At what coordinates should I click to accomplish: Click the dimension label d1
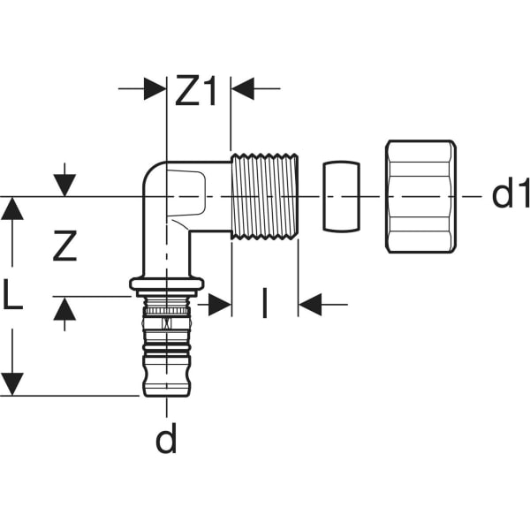(511, 195)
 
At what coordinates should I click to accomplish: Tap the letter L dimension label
(12, 297)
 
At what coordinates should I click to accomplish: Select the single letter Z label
(64, 246)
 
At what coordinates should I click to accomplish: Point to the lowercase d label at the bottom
(166, 439)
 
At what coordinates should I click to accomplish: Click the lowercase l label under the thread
(263, 305)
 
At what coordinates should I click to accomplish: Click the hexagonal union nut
(420, 195)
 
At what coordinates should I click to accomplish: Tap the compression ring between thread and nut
(340, 195)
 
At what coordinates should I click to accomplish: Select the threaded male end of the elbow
(265, 195)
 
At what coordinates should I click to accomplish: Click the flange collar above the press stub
(167, 284)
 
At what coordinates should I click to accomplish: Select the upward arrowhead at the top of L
(12, 208)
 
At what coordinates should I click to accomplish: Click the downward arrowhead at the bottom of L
(12, 384)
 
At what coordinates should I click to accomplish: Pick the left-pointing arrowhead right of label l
(310, 306)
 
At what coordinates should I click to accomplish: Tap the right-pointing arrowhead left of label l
(220, 306)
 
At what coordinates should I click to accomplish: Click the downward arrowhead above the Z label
(64, 185)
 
